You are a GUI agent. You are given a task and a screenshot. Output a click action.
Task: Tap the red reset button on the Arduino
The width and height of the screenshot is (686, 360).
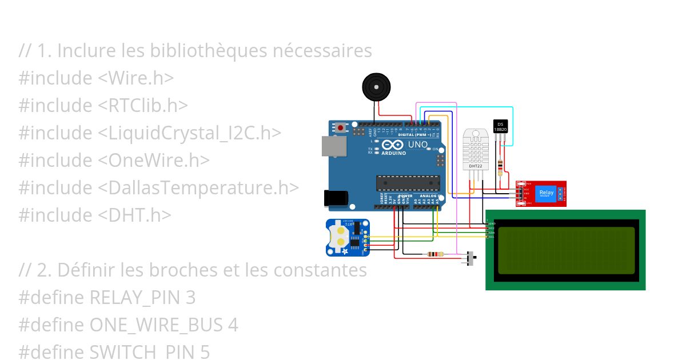[341, 127]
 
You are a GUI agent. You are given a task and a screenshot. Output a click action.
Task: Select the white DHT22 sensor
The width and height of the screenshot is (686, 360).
[476, 149]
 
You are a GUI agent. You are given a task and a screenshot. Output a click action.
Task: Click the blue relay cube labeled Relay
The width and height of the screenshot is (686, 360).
[547, 193]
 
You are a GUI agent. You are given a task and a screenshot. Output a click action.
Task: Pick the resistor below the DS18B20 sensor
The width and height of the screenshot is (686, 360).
[501, 167]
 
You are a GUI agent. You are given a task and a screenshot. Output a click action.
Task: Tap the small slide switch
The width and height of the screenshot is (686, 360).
[472, 258]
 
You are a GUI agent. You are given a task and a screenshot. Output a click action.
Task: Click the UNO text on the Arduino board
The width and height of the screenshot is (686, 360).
[418, 145]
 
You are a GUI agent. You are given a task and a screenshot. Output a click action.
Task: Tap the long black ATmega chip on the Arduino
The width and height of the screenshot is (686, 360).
[407, 183]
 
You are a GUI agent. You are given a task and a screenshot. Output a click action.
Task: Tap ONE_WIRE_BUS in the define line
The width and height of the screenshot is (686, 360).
[156, 325]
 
